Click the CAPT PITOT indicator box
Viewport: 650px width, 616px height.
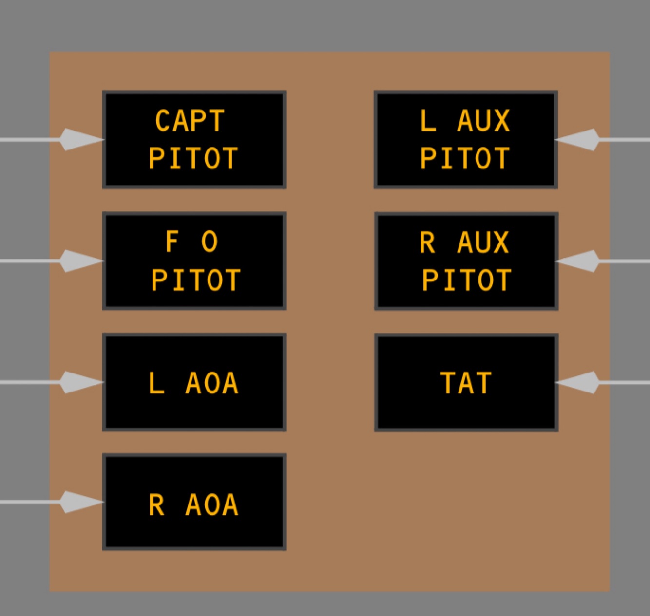pyautogui.click(x=194, y=139)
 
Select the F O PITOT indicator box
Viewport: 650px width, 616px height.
pyautogui.click(x=194, y=261)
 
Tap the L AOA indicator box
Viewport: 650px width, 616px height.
pyautogui.click(x=194, y=382)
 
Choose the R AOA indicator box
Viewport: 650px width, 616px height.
pyautogui.click(x=194, y=502)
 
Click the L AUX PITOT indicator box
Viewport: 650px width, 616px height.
pyautogui.click(x=466, y=139)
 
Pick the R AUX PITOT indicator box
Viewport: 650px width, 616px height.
pyautogui.click(x=466, y=261)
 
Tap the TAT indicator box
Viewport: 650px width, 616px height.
pyautogui.click(x=466, y=382)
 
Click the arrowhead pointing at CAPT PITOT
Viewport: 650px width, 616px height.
pyautogui.click(x=81, y=139)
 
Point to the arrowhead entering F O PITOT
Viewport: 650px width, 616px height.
pyautogui.click(x=81, y=261)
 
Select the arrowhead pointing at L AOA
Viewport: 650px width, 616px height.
pyautogui.click(x=81, y=382)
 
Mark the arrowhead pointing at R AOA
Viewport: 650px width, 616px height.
pyautogui.click(x=81, y=502)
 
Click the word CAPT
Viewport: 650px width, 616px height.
pyautogui.click(x=190, y=121)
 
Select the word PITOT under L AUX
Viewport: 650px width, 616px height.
pyautogui.click(x=465, y=158)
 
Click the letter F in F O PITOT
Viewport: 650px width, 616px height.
pyautogui.click(x=172, y=242)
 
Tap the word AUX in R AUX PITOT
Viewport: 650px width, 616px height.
pyautogui.click(x=483, y=242)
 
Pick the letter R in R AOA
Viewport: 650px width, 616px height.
pyautogui.click(x=156, y=505)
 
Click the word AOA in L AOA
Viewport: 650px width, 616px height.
pyautogui.click(x=212, y=383)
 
